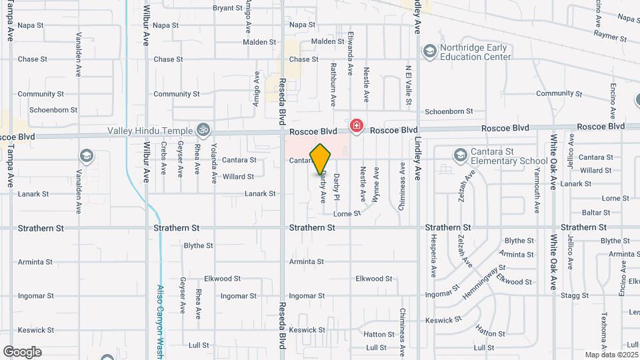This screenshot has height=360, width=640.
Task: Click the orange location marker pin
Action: (x=321, y=159)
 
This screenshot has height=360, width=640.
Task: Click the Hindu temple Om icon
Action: (x=203, y=130)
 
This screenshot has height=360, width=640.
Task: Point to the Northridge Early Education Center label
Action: (x=474, y=52)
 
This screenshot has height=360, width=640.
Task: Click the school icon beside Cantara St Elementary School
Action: (x=459, y=156)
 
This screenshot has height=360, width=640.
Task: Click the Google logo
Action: (x=22, y=352)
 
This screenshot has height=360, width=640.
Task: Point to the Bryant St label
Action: (x=208, y=8)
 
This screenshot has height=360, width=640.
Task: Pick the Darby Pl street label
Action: (x=337, y=187)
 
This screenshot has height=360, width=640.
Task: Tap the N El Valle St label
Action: (x=407, y=85)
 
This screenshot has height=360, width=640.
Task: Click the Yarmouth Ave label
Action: (x=537, y=165)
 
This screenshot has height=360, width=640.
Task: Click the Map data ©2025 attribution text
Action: (x=611, y=355)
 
